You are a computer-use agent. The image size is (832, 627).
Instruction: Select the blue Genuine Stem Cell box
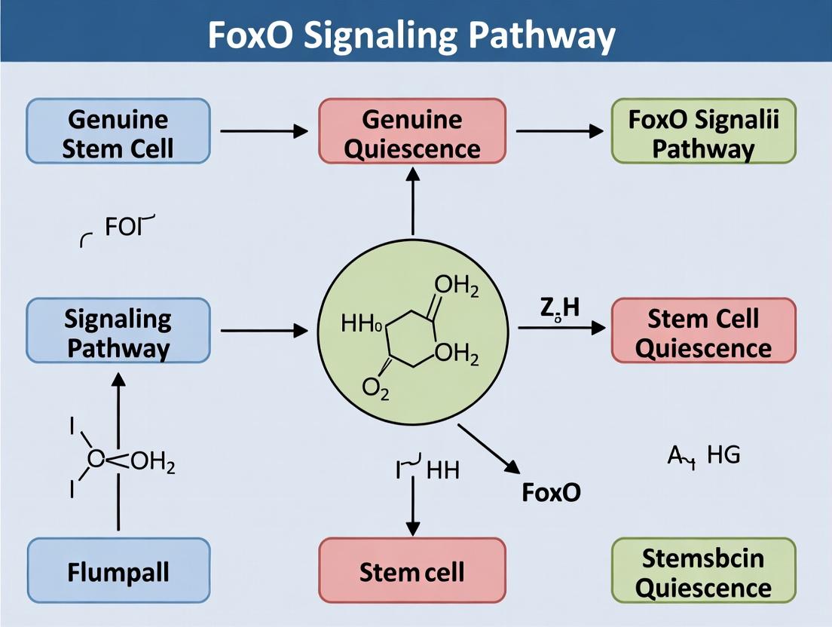pos(118,132)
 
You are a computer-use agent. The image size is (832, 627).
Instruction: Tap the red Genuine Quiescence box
pos(411,132)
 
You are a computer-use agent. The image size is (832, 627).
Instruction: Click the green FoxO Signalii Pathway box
pos(703,132)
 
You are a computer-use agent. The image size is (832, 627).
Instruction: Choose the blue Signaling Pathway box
pos(118,331)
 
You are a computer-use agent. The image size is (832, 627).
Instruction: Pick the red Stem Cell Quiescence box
pos(703,331)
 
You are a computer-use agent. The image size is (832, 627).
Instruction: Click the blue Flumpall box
pos(118,570)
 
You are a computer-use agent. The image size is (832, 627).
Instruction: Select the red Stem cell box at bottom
pos(411,570)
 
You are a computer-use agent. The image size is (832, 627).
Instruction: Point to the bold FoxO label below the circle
pos(552,492)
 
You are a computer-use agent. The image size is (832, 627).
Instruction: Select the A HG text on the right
pos(704,454)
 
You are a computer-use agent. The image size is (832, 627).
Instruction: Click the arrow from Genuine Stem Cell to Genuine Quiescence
pos(264,132)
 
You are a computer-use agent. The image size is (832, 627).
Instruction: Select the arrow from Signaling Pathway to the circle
pos(264,331)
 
